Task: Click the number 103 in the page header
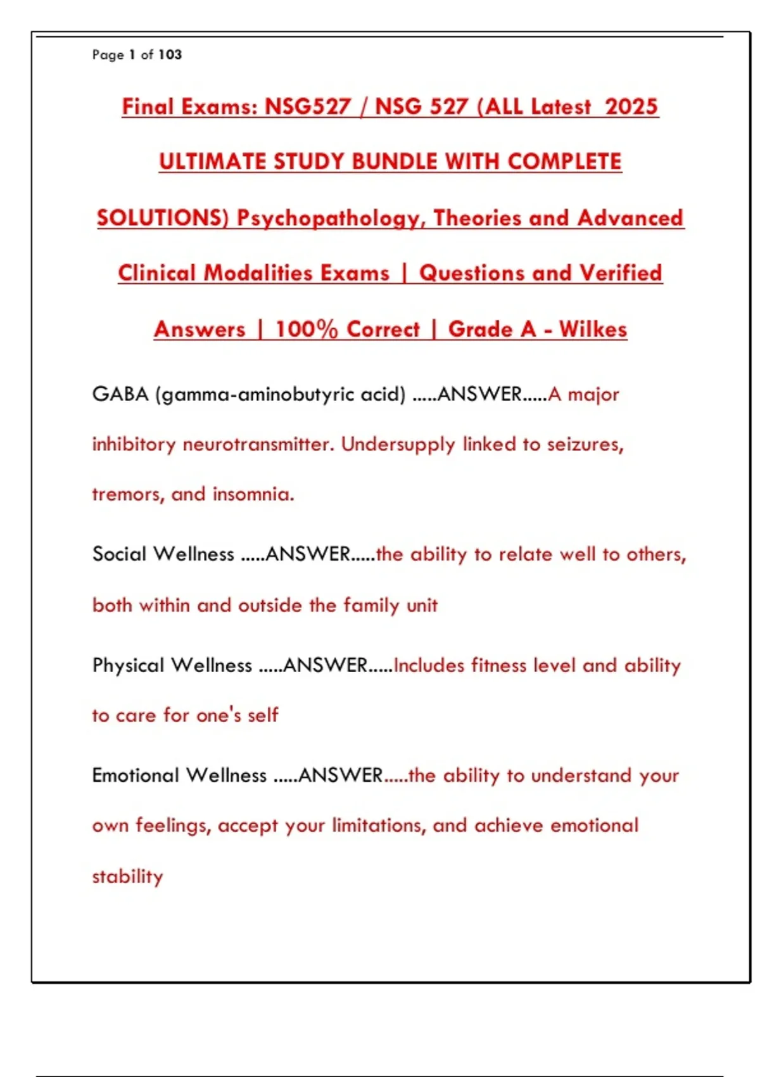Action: (170, 55)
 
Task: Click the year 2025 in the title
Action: (631, 106)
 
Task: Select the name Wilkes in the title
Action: (593, 329)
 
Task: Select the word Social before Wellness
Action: (120, 554)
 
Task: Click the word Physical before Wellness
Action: (128, 665)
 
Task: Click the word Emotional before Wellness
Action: (136, 775)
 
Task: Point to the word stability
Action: (127, 877)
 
